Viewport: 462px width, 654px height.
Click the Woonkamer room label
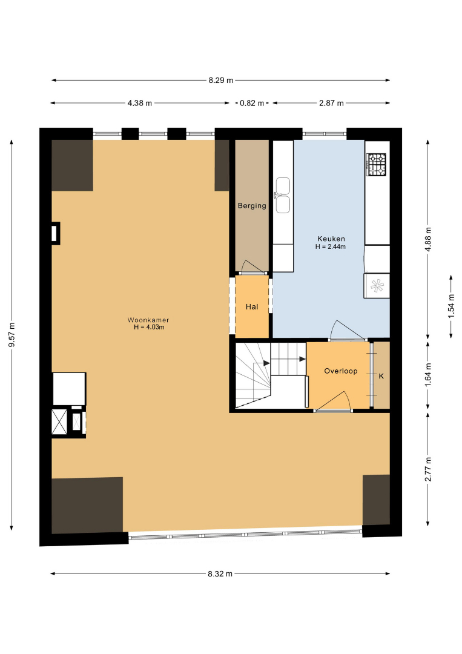[148, 320]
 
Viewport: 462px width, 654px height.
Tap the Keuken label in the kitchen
[331, 239]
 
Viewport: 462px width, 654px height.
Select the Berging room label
[252, 205]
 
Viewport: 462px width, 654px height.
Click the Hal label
[252, 306]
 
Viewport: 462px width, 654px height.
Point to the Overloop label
[341, 371]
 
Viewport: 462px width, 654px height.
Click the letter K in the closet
[381, 376]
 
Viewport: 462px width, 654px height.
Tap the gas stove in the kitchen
[377, 164]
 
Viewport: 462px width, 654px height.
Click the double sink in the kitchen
[282, 195]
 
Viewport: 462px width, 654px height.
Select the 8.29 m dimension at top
[221, 80]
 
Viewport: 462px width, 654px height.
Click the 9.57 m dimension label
[12, 334]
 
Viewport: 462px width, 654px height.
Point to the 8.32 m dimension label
[220, 573]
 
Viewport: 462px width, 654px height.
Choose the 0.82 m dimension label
[252, 103]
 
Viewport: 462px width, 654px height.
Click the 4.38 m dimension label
[140, 103]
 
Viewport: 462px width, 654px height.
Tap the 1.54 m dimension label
[451, 306]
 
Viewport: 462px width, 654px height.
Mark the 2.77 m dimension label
[428, 469]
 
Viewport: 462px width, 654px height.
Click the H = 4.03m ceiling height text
[149, 327]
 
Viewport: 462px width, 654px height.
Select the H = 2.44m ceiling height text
[330, 246]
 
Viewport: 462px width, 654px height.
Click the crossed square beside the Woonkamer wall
[59, 422]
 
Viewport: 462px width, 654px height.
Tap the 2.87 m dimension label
[331, 103]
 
